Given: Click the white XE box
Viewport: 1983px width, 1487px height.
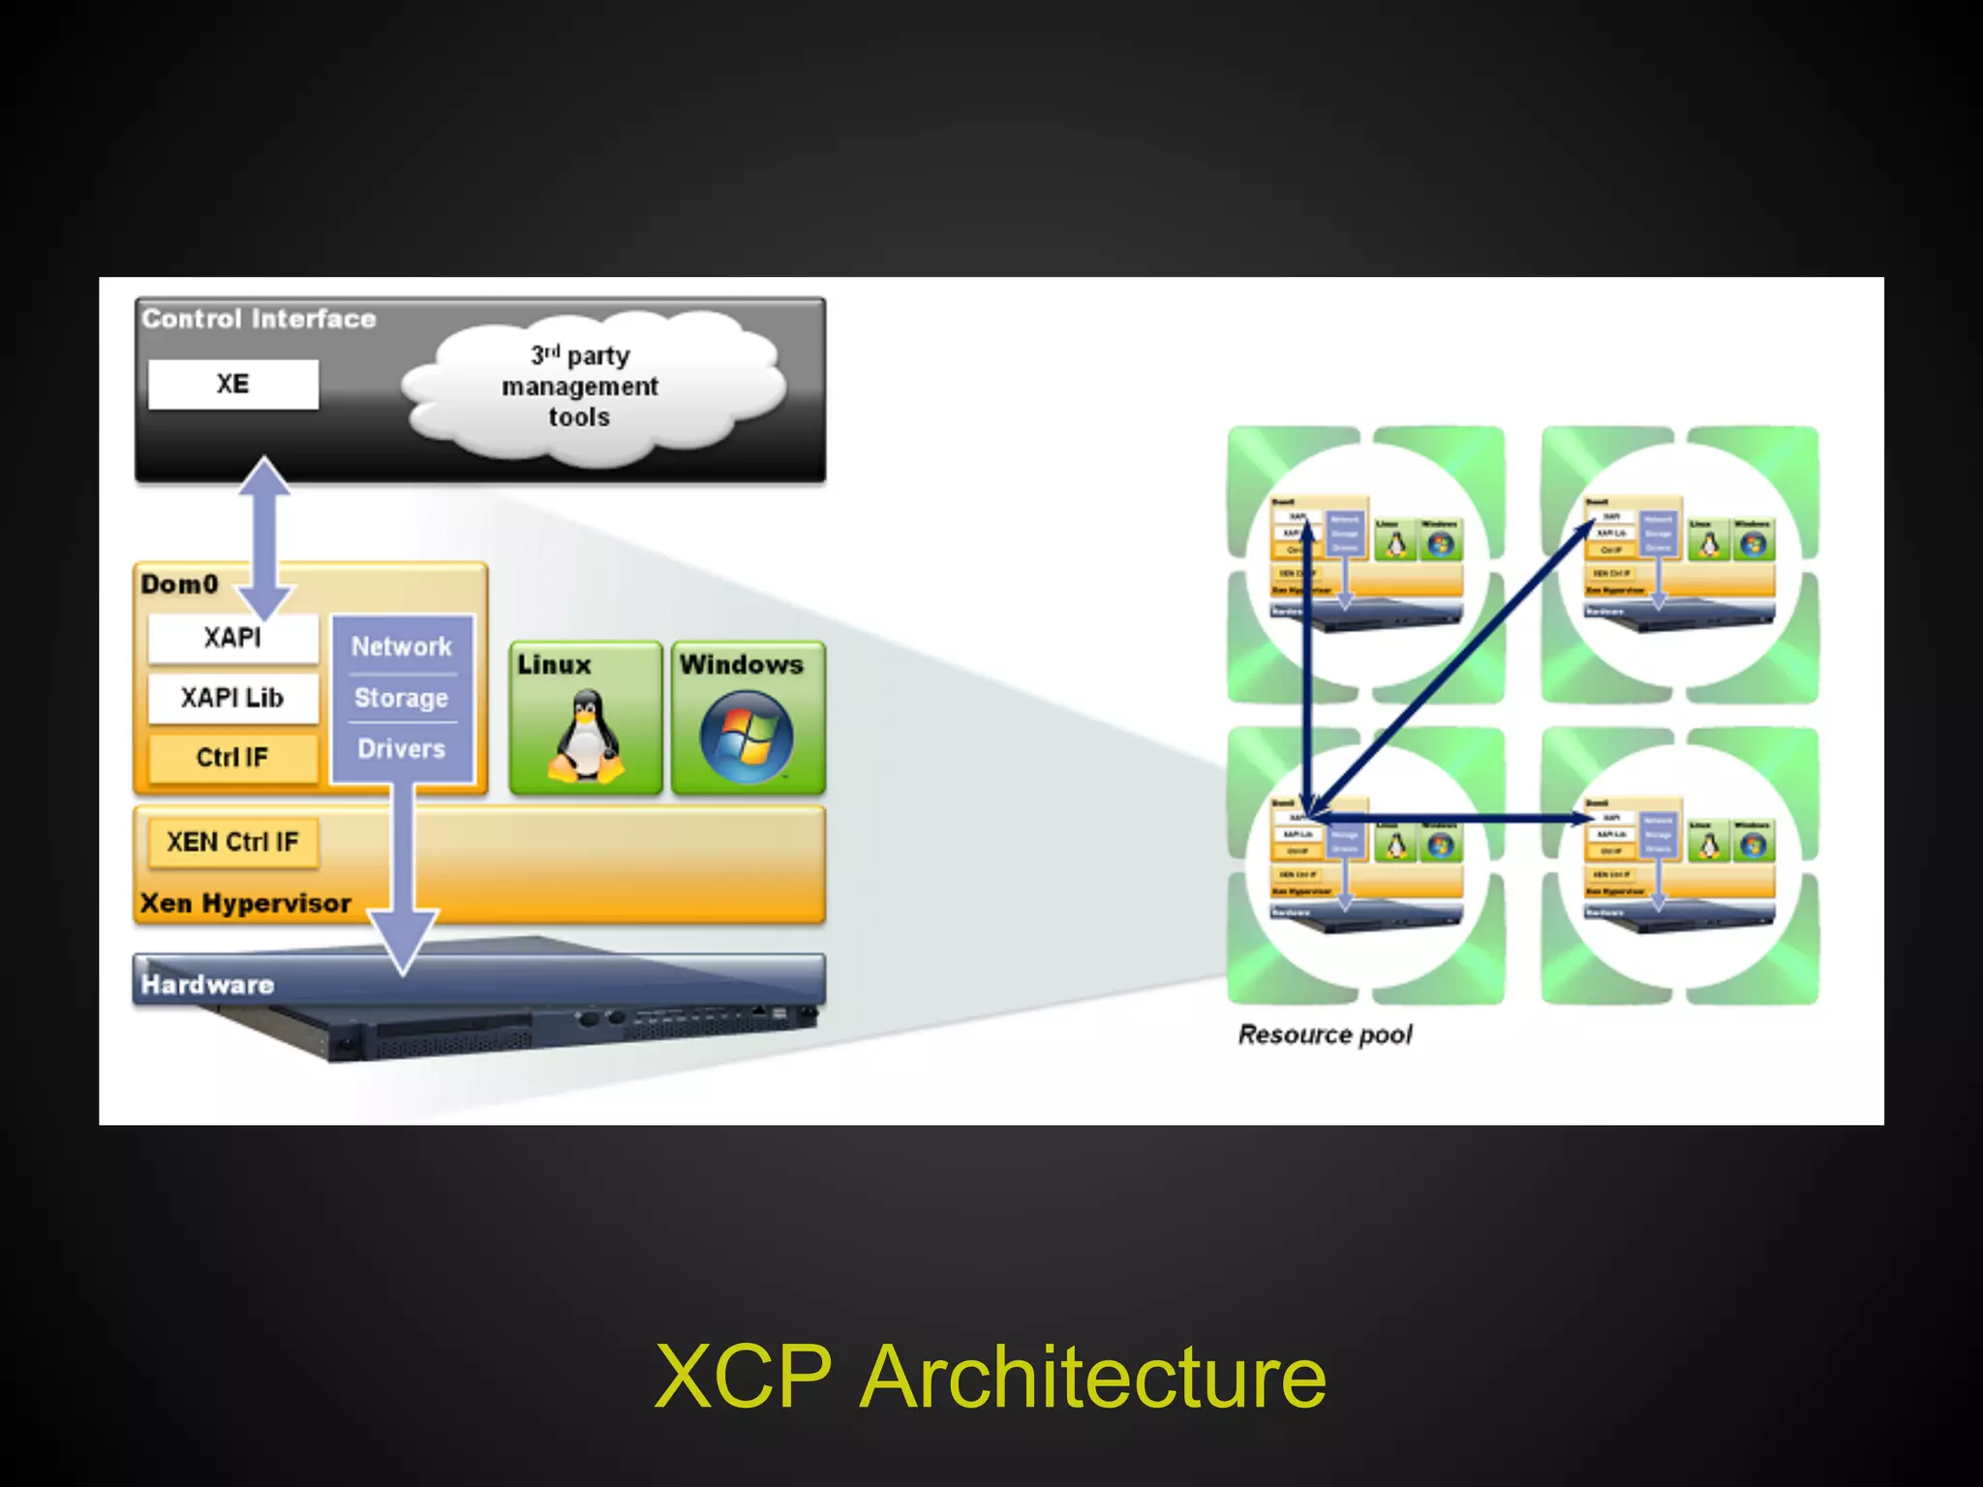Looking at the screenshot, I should point(232,384).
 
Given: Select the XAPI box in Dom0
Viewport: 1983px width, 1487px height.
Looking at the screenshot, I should point(232,638).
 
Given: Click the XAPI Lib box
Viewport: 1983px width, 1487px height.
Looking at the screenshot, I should point(232,698).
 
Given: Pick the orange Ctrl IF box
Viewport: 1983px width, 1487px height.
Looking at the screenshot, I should point(232,757).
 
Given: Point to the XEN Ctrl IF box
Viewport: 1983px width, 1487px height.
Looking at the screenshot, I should point(232,842).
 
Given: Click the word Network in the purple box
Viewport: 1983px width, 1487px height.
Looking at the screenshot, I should point(401,647).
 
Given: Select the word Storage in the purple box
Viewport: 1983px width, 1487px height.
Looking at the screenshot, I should point(401,698).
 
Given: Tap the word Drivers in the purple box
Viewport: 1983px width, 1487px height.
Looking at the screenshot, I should point(401,749).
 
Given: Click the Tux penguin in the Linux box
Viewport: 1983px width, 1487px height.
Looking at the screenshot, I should point(585,736).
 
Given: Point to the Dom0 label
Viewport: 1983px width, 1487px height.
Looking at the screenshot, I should point(180,585).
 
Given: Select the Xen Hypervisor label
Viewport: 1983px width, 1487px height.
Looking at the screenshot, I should point(245,903).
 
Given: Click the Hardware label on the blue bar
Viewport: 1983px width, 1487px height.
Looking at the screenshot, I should point(207,985).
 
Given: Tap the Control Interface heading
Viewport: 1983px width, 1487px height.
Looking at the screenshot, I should point(259,319).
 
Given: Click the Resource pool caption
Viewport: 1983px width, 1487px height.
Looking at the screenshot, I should point(1325,1035).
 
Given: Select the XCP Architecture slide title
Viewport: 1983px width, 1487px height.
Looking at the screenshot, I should point(991,1376).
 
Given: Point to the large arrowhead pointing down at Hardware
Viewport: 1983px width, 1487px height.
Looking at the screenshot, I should point(403,939).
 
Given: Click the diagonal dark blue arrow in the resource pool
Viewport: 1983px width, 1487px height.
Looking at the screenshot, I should point(1452,668).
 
